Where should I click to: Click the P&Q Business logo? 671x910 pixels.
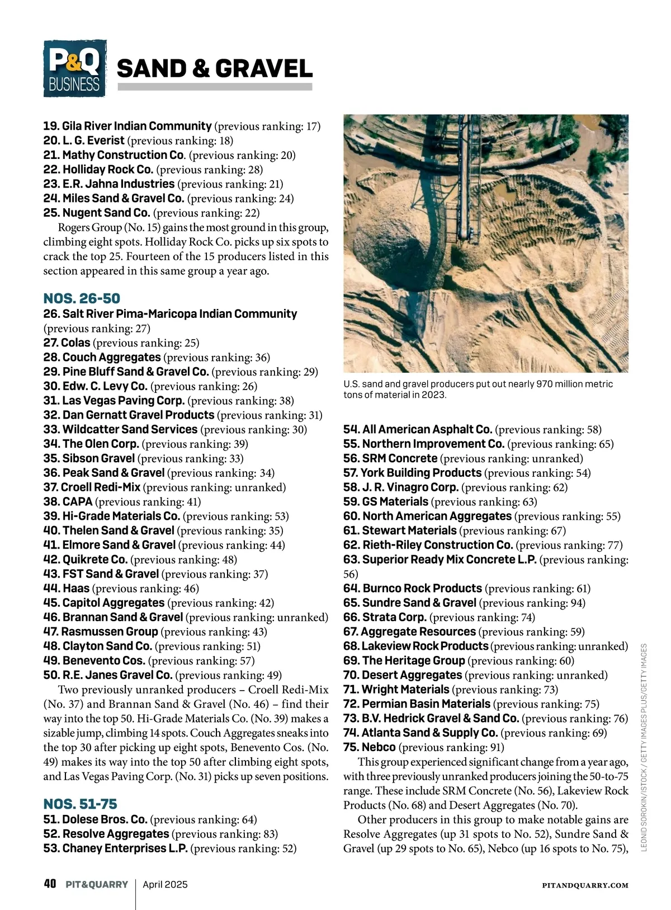(x=74, y=68)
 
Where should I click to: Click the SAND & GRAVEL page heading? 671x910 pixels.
(x=215, y=68)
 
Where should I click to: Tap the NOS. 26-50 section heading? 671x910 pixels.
(x=82, y=298)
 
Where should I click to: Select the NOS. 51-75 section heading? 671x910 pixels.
(x=80, y=804)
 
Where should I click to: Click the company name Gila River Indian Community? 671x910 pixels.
(x=136, y=126)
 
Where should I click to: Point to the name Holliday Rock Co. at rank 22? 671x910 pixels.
(x=107, y=170)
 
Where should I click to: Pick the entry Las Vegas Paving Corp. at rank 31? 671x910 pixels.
(x=123, y=401)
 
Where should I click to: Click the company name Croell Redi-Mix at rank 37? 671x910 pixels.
(x=101, y=487)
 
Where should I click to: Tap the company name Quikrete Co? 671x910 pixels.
(x=95, y=560)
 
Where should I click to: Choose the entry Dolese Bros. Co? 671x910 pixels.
(x=105, y=819)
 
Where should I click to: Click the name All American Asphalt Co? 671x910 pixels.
(x=427, y=430)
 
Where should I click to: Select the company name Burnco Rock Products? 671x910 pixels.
(x=422, y=589)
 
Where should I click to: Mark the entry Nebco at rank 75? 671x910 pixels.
(x=379, y=748)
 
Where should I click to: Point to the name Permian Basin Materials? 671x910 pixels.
(x=426, y=704)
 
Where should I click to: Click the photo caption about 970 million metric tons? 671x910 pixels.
(x=478, y=389)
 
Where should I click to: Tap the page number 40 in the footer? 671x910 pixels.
(x=50, y=884)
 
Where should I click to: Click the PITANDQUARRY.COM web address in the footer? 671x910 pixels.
(x=585, y=885)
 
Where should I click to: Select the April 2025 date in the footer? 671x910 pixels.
(x=165, y=885)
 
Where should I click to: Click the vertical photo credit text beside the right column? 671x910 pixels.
(x=644, y=747)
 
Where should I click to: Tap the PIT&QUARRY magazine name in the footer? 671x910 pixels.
(x=96, y=885)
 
